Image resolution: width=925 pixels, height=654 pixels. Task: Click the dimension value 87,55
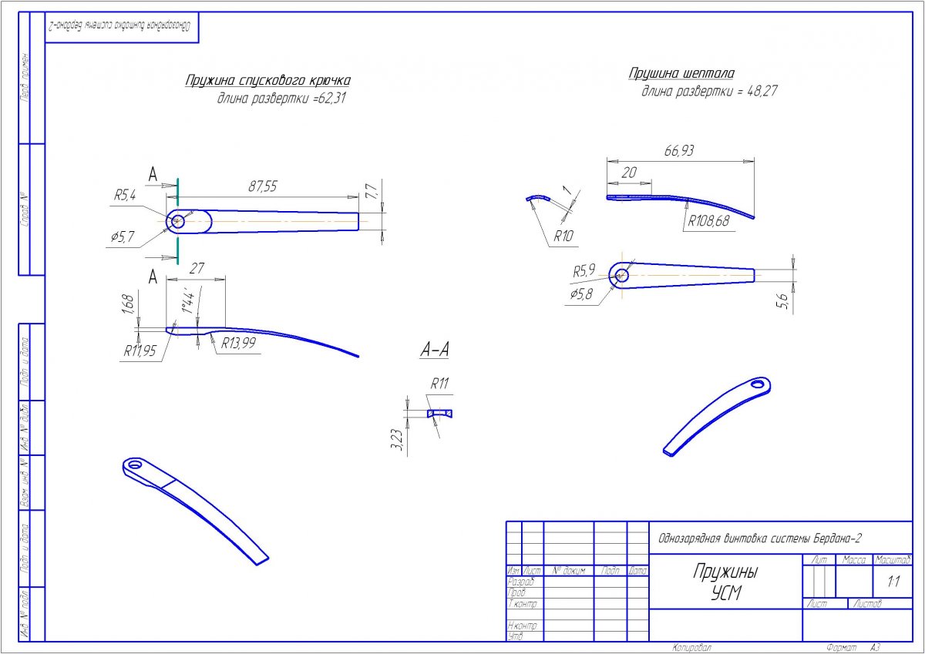coord(262,186)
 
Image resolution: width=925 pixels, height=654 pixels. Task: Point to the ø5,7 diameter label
coord(123,236)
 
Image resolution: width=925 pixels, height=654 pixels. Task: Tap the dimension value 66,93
coord(679,152)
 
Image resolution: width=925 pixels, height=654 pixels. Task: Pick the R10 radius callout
coord(563,236)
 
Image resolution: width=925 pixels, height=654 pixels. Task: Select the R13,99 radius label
coord(238,344)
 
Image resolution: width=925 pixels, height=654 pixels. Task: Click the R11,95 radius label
coord(140,351)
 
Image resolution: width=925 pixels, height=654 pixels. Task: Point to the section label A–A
coord(434,350)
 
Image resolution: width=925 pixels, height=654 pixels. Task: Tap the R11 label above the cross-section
coord(439,384)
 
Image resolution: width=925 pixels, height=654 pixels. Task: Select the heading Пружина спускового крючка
coord(268,81)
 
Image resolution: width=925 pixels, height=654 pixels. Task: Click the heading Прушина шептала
coord(681,74)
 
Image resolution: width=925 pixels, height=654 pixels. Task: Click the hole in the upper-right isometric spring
coord(758,384)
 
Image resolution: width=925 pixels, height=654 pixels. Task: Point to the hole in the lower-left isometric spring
coord(136,465)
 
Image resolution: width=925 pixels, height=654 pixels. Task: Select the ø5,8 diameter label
coord(581,294)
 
